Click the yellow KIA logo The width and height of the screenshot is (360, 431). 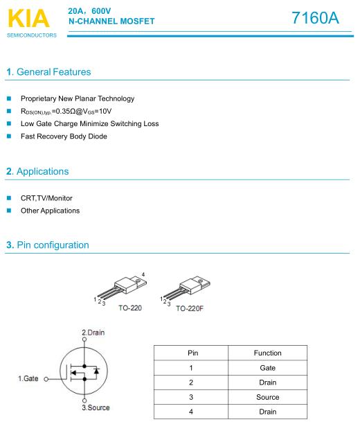tap(29, 19)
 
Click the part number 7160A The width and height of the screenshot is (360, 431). tap(315, 18)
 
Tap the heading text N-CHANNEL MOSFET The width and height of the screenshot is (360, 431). tap(111, 21)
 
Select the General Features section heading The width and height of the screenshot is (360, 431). tap(48, 72)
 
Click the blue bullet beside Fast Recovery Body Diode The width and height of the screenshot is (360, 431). tap(9, 136)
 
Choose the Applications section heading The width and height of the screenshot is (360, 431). tap(37, 172)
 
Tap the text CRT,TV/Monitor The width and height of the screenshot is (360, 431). tap(46, 198)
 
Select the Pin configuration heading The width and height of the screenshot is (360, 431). tap(48, 245)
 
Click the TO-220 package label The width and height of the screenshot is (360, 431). tap(130, 308)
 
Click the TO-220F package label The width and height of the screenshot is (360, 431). tap(190, 308)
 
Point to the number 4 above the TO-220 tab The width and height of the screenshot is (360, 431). tap(143, 274)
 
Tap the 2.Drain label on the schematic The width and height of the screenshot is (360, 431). tap(93, 333)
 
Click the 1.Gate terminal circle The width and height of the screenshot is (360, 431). tap(46, 379)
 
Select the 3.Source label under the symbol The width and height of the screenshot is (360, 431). tap(96, 407)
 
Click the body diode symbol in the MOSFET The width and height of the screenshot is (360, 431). tap(96, 371)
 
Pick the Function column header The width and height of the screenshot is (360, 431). tap(268, 353)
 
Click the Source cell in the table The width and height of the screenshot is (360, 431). tap(268, 397)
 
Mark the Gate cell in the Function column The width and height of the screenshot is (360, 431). tap(268, 368)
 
